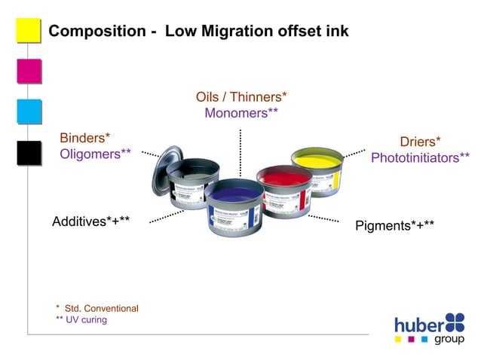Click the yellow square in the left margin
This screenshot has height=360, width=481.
[x=28, y=31]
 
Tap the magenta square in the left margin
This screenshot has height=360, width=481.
[x=28, y=71]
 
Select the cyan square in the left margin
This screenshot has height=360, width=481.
[x=28, y=111]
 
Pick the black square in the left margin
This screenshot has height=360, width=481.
[x=28, y=151]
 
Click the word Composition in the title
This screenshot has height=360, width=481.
[x=97, y=32]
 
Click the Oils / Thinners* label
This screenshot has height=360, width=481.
[x=241, y=97]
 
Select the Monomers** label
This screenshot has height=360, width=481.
[x=241, y=113]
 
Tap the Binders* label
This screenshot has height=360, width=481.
[x=85, y=138]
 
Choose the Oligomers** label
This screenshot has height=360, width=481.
[x=96, y=154]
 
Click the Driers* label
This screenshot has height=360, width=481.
[x=420, y=142]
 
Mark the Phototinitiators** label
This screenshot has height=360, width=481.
[x=420, y=157]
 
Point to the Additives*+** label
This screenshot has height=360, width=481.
[x=91, y=222]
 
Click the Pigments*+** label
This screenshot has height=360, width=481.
[x=394, y=225]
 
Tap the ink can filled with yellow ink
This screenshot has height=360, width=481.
[x=317, y=169]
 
